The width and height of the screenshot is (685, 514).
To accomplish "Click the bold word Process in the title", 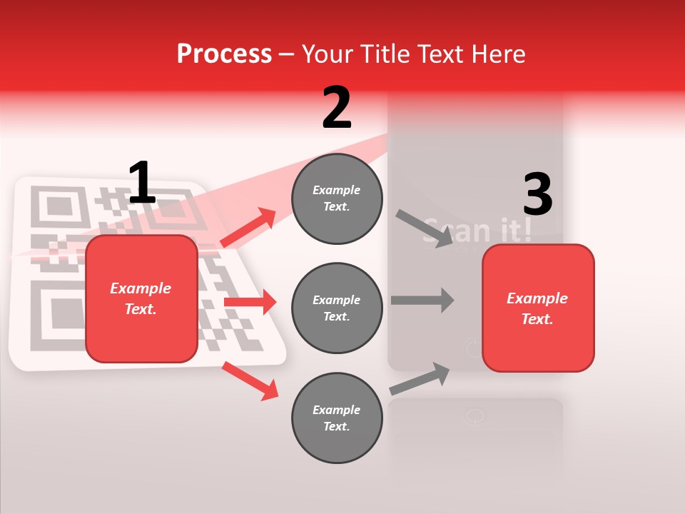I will pos(224,54).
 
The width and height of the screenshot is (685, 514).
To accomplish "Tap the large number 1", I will pos(142,183).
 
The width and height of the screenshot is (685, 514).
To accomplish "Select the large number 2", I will pos(337,108).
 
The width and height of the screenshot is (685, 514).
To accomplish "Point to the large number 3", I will pos(537,196).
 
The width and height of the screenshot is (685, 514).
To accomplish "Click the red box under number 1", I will pos(141,298).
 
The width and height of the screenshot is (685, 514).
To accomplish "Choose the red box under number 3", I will pos(538,308).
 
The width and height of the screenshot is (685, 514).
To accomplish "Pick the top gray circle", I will pos(337,198).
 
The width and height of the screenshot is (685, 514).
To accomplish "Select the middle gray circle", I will pos(337,308).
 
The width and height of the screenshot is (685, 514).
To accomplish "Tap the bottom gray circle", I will pos(337,418).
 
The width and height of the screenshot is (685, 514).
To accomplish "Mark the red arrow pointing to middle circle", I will pos(250,302).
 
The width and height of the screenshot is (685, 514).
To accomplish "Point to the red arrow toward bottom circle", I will pos(250,380).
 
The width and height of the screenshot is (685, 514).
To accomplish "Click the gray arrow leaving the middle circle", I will pos(422,300).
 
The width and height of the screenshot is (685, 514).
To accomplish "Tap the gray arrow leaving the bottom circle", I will pos(420,378).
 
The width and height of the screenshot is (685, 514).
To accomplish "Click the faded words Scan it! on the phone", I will pos(477,230).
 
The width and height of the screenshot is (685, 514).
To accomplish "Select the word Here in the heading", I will pos(499,54).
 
